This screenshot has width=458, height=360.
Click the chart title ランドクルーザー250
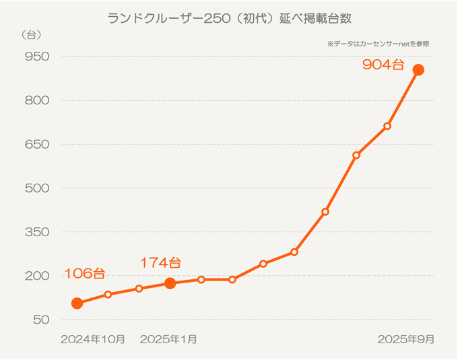(228, 18)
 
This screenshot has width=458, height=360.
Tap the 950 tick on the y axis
(36, 56)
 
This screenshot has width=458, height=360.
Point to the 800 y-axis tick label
(36, 100)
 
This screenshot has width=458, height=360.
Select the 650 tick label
(36, 144)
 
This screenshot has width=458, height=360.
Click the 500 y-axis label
(36, 188)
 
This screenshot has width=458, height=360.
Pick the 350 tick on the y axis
(36, 232)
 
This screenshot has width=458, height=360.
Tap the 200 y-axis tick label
(36, 276)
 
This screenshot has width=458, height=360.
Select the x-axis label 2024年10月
(93, 339)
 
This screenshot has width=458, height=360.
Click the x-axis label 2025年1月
(168, 339)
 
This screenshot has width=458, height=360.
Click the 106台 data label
(84, 274)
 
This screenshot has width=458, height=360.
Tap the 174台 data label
(160, 262)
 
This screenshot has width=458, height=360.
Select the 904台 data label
(383, 65)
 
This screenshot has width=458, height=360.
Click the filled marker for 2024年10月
(77, 303)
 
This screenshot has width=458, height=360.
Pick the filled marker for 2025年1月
(170, 283)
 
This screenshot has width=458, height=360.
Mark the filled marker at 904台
(418, 70)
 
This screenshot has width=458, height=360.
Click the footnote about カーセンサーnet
(378, 44)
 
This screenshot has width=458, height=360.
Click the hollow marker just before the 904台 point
(387, 126)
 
